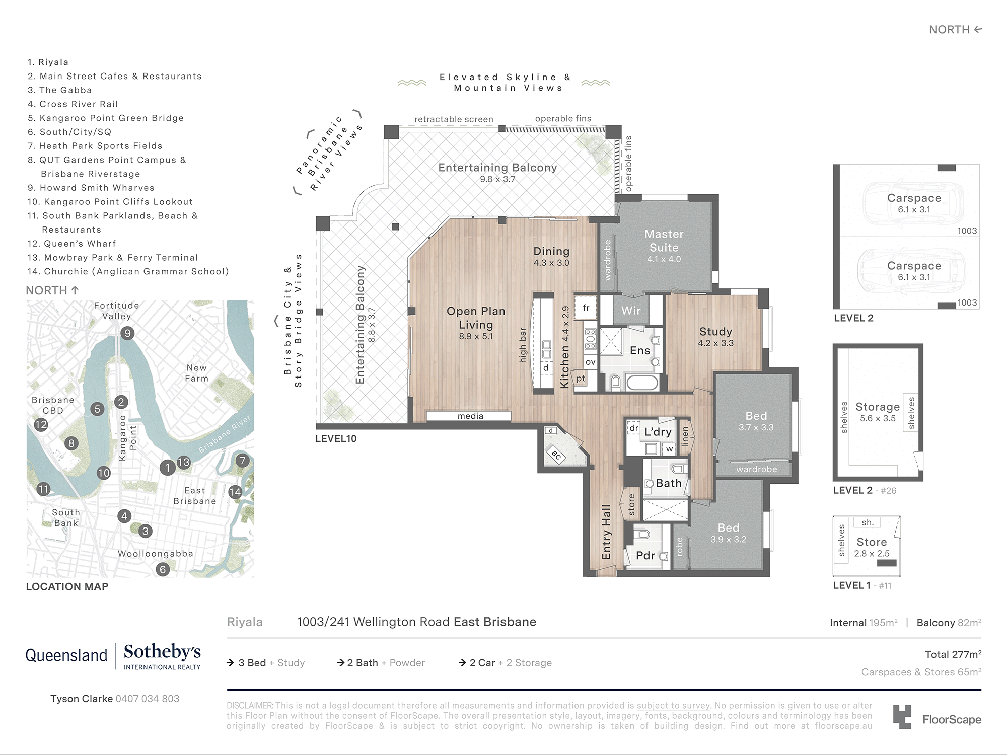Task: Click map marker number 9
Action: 127,333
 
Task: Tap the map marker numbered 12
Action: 41,424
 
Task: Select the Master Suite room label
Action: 664,241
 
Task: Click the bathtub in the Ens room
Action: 634,383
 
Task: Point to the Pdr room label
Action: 645,555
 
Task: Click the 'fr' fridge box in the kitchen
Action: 586,308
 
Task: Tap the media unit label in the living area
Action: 470,416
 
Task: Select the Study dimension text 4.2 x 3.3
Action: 715,343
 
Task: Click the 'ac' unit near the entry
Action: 556,455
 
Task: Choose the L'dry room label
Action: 658,432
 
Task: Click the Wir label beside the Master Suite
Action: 630,311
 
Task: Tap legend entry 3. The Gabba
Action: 60,90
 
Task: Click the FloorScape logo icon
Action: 902,717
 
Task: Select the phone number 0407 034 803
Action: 147,699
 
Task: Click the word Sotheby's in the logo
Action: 162,652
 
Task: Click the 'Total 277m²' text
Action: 953,654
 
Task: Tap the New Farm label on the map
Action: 196,373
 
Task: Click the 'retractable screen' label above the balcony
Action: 453,119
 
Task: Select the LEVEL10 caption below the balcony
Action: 335,438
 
